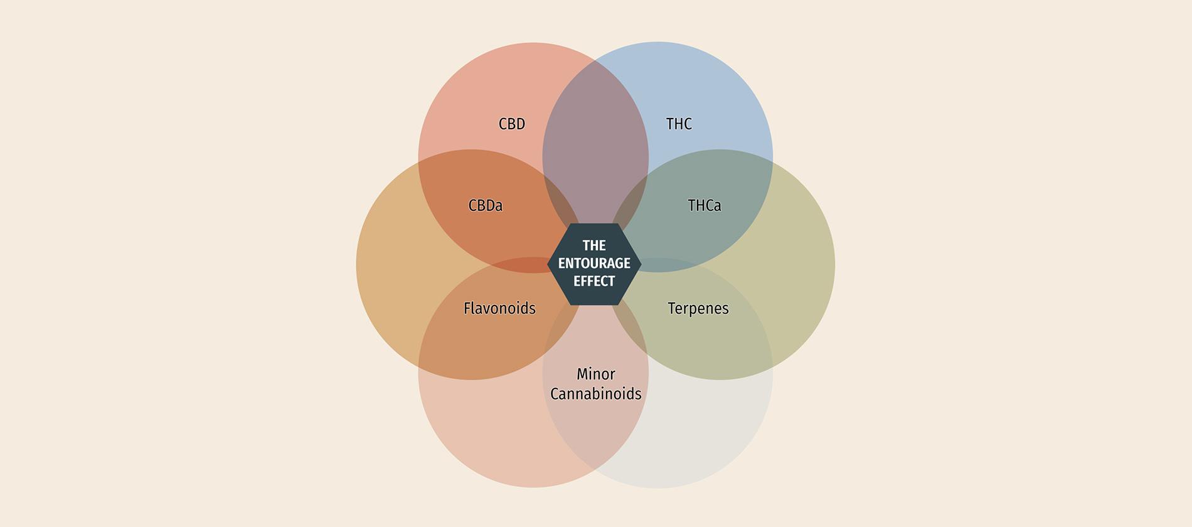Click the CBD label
pos(512,124)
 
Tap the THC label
pos(679,124)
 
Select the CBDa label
pos(486,206)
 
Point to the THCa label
pos(704,206)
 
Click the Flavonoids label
pos(499,308)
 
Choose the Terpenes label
pos(698,309)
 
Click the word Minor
pos(595,375)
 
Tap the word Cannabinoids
pos(595,394)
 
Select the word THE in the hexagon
pos(594,245)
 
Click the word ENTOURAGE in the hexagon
pos(594,263)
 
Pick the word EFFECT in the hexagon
pos(594,281)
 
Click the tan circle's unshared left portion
pos(389,263)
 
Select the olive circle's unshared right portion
pos(803,263)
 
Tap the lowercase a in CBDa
pos(499,207)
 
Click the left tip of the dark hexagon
pos(548,264)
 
